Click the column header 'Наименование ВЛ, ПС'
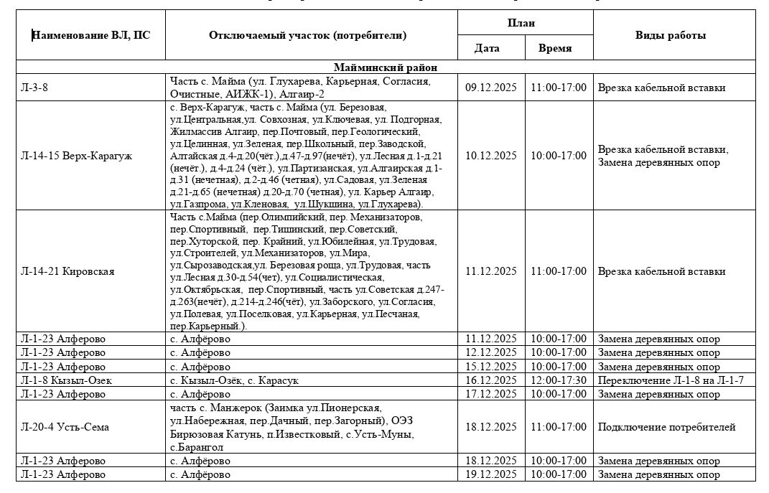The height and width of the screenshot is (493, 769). coord(92,35)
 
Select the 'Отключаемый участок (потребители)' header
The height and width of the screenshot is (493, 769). coord(307,35)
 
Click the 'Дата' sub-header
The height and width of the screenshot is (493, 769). coord(487,48)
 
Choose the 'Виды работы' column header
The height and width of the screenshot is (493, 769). coord(670,35)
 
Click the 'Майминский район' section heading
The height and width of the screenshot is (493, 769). coord(386,67)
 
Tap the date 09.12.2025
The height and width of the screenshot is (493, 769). coord(491,88)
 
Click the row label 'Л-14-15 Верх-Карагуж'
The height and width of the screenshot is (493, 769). coord(78,156)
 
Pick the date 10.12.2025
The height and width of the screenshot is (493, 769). coord(491,156)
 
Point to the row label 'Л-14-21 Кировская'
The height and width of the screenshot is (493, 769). coord(68,271)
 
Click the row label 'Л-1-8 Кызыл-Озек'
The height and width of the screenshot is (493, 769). coord(67,380)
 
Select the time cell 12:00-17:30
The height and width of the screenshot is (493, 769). coord(559,380)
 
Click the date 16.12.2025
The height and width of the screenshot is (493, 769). coord(491,380)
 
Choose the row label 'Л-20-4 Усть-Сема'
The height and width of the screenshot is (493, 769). coord(65,427)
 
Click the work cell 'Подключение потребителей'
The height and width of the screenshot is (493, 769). coord(666,427)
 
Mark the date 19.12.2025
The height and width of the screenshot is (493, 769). coord(491,474)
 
